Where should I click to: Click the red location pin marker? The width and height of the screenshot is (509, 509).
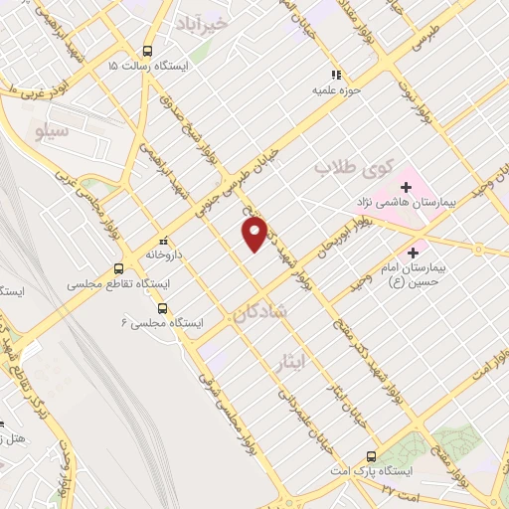(254, 234)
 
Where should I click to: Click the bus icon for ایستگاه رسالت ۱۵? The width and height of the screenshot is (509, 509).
(148, 51)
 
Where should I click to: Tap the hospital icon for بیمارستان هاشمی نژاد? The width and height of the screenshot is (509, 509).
(406, 185)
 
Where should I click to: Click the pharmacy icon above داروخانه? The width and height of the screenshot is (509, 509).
(164, 241)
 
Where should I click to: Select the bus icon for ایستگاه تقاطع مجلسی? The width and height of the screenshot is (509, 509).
(118, 268)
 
